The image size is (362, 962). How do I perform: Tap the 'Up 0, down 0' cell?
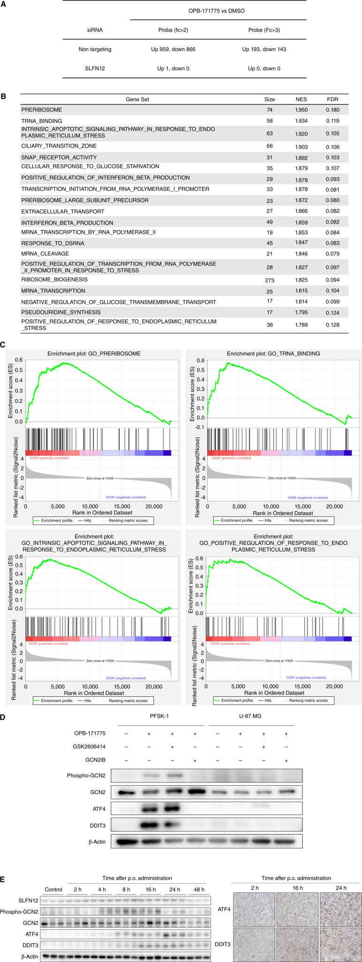click(264, 68)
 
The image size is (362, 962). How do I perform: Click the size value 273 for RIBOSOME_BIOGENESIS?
click(270, 280)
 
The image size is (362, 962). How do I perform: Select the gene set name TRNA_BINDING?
click(41, 121)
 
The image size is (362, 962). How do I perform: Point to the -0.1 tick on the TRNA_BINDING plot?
click(200, 427)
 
